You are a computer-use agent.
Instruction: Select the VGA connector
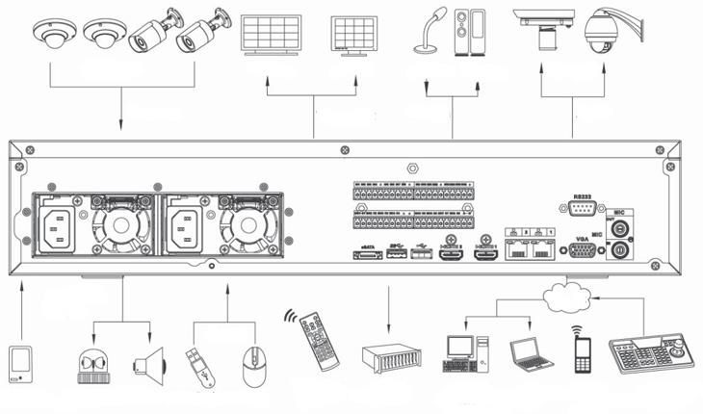pyautogui.click(x=582, y=249)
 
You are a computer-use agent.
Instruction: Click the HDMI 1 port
pyautogui.click(x=483, y=254)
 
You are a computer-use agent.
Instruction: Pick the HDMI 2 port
pyautogui.click(x=451, y=254)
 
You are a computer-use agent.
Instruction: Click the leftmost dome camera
pyautogui.click(x=49, y=36)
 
